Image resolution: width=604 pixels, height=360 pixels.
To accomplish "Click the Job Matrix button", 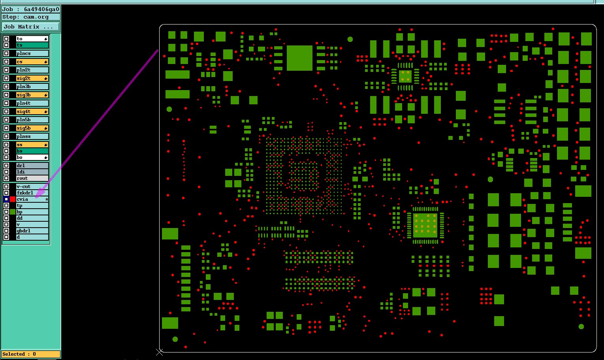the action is [x=31, y=27].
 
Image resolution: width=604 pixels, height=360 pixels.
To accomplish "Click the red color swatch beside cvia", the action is [x=13, y=199].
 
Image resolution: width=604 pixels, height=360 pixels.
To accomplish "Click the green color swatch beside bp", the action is [x=13, y=212].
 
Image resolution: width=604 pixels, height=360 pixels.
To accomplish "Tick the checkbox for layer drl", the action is [x=6, y=166].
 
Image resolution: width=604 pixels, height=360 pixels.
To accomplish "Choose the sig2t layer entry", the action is [x=32, y=78].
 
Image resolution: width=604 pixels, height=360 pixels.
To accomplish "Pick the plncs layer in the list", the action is [x=32, y=53].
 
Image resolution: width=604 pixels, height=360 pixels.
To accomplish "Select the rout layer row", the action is [x=32, y=178].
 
